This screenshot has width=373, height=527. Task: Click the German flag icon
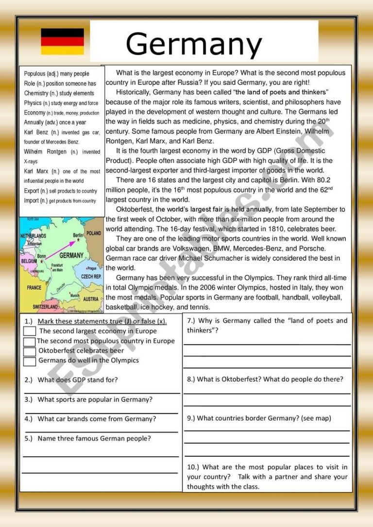62,41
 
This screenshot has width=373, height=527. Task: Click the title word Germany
194,45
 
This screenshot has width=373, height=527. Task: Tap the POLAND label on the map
94,233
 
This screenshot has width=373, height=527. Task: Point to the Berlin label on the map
76,235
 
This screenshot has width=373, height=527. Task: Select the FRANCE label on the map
34,287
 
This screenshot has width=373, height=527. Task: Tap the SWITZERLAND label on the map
45,307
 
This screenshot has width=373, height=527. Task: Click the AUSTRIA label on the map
91,299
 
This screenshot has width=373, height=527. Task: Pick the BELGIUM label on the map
29,261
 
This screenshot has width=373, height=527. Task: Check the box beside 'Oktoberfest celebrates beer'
30,351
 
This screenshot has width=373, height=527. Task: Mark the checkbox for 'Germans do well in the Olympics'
30,361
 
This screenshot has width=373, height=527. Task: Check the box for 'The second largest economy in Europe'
30,331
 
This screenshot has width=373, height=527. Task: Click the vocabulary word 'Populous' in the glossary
35,74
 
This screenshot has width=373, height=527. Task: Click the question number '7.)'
191,321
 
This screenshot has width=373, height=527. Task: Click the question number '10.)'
193,467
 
